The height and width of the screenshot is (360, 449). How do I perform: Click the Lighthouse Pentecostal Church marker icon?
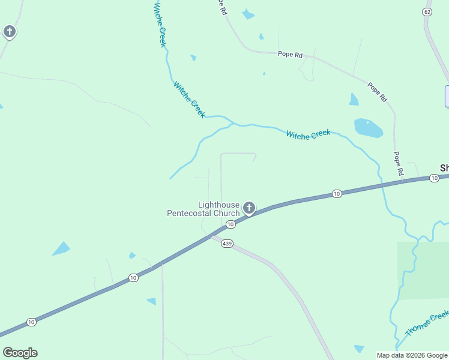tap(249, 208)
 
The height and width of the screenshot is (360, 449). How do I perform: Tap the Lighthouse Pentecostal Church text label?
tap(203, 209)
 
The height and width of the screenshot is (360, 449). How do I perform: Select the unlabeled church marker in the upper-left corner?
tap(9, 31)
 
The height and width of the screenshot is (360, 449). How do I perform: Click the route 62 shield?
tap(427, 12)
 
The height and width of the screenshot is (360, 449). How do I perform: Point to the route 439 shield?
tap(226, 244)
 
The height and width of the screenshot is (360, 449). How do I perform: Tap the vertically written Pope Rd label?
tap(399, 163)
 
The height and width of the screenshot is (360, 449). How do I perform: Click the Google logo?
tap(20, 353)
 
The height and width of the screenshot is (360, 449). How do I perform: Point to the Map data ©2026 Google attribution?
tap(412, 355)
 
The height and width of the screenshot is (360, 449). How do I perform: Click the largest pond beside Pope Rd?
tap(368, 128)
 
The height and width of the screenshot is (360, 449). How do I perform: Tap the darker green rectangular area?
tap(423, 270)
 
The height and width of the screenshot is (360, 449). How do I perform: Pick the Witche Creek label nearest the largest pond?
tap(308, 135)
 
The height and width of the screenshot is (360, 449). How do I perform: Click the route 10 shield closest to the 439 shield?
tap(230, 224)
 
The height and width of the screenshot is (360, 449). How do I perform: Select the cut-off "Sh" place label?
tap(444, 168)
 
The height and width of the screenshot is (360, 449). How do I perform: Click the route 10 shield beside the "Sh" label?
tap(434, 178)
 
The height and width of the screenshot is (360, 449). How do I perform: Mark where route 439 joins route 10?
tap(211, 235)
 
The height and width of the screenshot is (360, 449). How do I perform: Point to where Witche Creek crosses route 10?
tap(382, 185)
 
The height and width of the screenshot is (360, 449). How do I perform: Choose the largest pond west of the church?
tap(61, 248)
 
